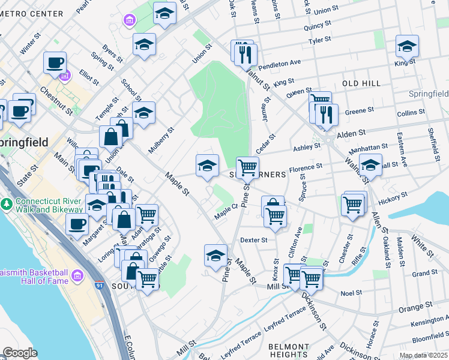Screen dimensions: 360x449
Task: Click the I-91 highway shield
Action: pyautogui.click(x=100, y=280)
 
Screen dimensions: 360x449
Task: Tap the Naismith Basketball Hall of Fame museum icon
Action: pyautogui.click(x=76, y=275)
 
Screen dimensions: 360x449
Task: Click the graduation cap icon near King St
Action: pyautogui.click(x=406, y=46)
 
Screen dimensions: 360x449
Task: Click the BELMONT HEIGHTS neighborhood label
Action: pyautogui.click(x=288, y=351)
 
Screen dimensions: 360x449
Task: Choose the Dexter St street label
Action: pyautogui.click(x=253, y=239)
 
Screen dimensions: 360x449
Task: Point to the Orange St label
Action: pyautogui.click(x=411, y=308)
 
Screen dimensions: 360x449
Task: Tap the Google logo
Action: pyautogui.click(x=20, y=353)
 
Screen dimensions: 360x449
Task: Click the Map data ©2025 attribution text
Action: pyautogui.click(x=423, y=355)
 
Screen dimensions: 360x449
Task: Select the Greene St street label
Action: pyautogui.click(x=360, y=111)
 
